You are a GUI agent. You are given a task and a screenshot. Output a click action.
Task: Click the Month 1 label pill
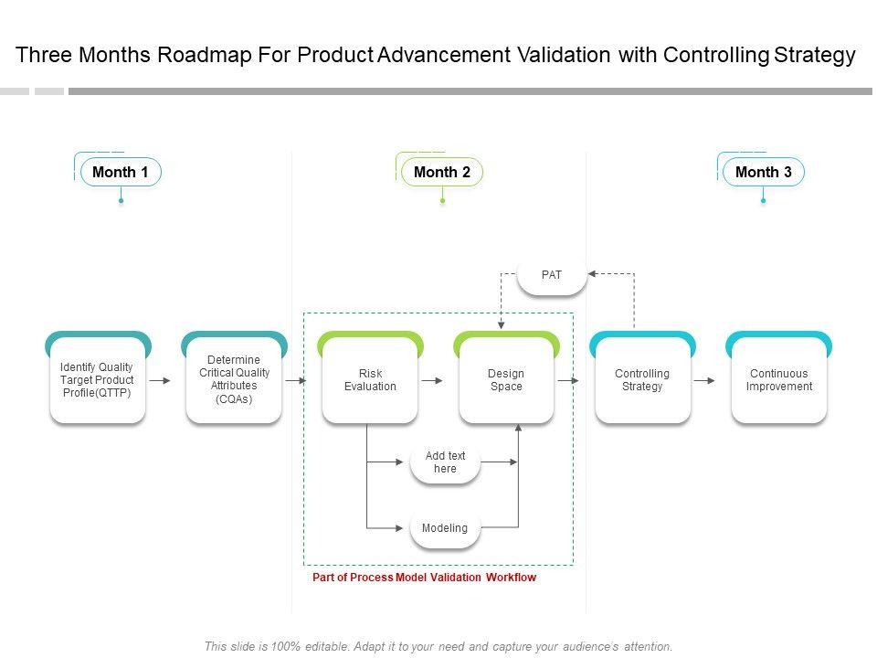tap(121, 172)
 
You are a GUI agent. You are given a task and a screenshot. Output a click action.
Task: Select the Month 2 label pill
tap(442, 172)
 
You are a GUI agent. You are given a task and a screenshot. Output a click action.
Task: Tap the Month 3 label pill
tap(764, 172)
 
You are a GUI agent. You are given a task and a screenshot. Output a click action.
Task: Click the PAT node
tap(552, 275)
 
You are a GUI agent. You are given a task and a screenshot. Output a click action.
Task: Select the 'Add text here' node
tap(445, 462)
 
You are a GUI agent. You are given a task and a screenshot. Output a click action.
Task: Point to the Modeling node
tap(445, 528)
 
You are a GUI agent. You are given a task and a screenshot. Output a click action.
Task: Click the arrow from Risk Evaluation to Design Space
tap(432, 380)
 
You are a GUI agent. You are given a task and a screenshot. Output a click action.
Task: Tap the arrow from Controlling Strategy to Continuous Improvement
tap(704, 380)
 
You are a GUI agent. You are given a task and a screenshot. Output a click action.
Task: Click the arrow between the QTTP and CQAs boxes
tap(159, 380)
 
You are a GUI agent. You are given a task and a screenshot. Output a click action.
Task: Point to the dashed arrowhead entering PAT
tap(592, 273)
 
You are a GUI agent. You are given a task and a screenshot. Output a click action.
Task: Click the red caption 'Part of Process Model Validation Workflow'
tap(424, 578)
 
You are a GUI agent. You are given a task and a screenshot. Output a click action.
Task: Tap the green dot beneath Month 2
tap(442, 200)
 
